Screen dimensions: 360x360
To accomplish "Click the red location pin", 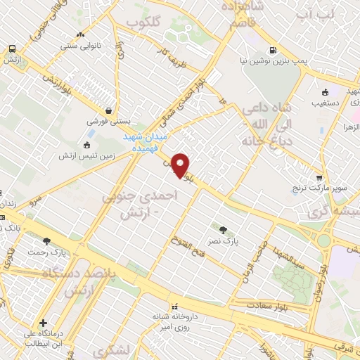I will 181,165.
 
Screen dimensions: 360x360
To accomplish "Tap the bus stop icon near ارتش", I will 12,49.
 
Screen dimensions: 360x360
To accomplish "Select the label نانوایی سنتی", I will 79,46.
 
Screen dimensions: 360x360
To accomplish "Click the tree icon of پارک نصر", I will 224,229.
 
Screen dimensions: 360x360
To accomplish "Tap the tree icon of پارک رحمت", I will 47,241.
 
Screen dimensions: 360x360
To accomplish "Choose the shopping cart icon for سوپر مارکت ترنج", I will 320,178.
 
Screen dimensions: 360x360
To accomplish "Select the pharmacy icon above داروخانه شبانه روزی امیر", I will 175,306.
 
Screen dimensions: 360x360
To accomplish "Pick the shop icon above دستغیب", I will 325,92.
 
